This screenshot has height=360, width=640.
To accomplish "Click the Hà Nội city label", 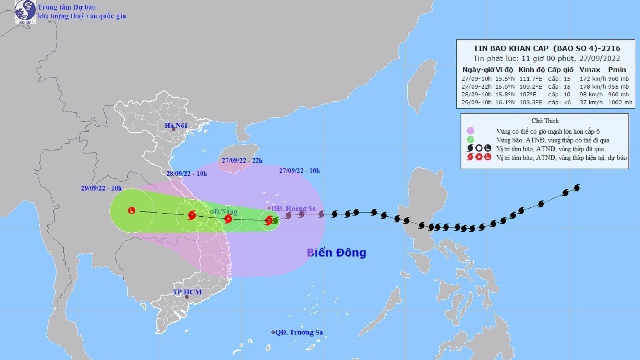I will click(x=176, y=125).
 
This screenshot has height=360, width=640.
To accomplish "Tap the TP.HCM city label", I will click(x=187, y=292).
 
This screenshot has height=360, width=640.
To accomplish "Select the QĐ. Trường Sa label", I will click(x=299, y=332).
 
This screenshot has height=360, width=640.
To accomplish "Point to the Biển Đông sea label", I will click(x=337, y=253).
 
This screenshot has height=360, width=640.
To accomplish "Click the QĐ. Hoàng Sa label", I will click(x=293, y=208).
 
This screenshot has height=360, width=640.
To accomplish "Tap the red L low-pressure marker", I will click(x=132, y=210).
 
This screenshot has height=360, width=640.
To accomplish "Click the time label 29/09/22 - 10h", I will click(x=101, y=188).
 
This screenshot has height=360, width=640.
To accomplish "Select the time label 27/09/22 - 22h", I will click(x=242, y=161).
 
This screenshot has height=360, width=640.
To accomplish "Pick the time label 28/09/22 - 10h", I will click(x=186, y=173).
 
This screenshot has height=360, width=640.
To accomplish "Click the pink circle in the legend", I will click(x=470, y=131).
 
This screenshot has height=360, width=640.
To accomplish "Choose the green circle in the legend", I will click(x=470, y=140).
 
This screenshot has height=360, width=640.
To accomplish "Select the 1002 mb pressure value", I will click(x=620, y=102).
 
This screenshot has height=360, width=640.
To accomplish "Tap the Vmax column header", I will click(x=589, y=70).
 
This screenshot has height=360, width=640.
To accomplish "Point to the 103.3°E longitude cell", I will click(x=531, y=102).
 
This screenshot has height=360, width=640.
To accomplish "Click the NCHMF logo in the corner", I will click(x=25, y=12).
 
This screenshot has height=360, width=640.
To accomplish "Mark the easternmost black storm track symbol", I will click(x=576, y=188).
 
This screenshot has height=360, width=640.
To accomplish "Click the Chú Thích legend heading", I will click(x=545, y=121).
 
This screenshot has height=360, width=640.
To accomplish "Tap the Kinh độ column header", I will click(x=531, y=70).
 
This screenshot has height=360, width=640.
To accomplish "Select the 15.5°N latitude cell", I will click(x=505, y=79).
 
